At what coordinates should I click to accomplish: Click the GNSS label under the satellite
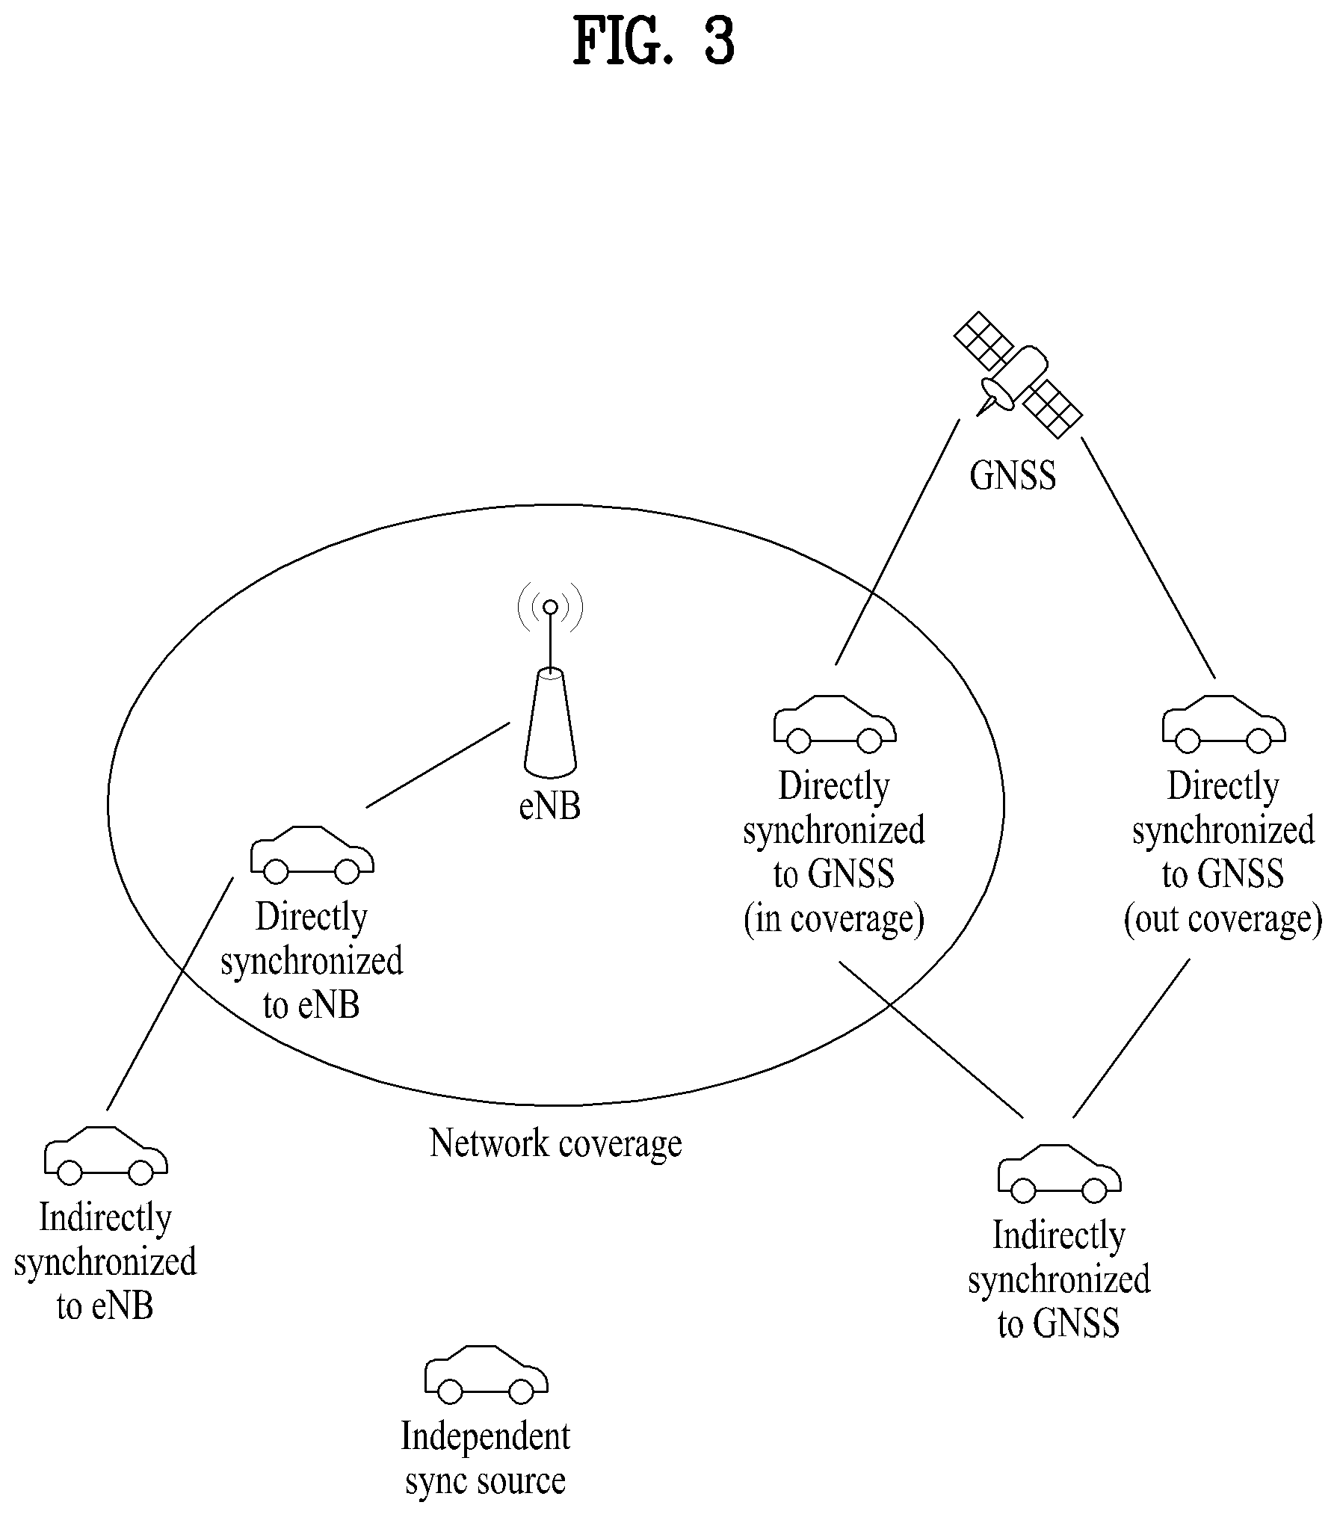(x=1013, y=475)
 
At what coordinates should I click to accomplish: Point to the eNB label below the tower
(x=550, y=806)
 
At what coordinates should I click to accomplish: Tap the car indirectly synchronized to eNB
(x=106, y=1155)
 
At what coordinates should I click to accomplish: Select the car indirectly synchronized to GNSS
(x=1060, y=1172)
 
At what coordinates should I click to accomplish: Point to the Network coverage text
(x=556, y=1144)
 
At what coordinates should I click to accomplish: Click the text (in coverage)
(x=834, y=918)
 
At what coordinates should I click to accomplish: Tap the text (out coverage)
(x=1223, y=918)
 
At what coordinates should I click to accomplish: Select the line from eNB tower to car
(x=438, y=764)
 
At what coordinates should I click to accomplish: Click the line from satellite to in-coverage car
(x=898, y=542)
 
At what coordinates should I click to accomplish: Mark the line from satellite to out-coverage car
(x=1149, y=557)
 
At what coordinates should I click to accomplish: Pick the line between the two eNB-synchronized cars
(x=170, y=993)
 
